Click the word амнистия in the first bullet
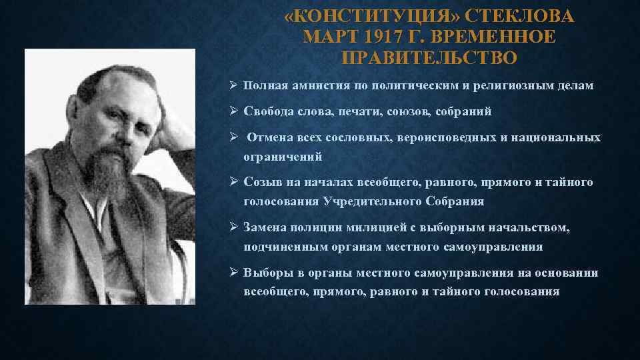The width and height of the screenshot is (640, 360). [x=313, y=86]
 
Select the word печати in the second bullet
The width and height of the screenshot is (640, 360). [x=358, y=111]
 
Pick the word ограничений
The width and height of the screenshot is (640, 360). [x=283, y=157]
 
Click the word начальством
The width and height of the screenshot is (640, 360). [x=527, y=228]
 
